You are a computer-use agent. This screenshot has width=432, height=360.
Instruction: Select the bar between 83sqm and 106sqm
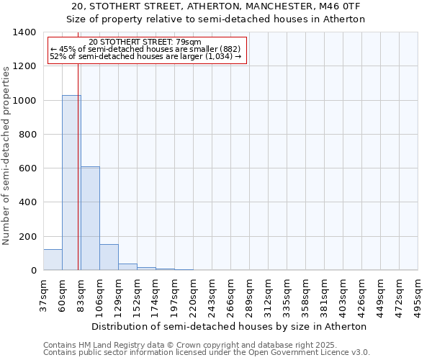(90, 218)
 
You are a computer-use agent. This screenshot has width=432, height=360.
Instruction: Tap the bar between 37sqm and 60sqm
(53, 260)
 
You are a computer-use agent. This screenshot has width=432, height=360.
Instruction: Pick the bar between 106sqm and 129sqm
(109, 257)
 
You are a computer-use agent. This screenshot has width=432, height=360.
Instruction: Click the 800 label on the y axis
(27, 135)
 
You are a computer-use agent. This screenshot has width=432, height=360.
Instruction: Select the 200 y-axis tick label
(27, 237)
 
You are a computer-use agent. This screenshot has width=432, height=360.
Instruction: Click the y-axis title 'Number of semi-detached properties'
(7, 155)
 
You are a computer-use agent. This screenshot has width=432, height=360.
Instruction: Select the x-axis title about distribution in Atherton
(230, 326)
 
